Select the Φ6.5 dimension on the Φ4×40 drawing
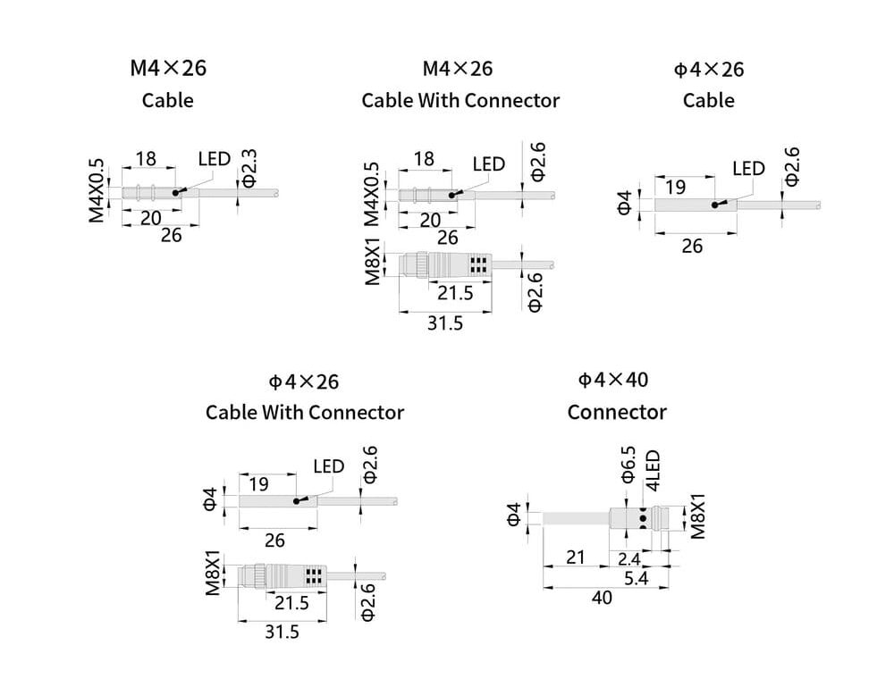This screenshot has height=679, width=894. [628, 464]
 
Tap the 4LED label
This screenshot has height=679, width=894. [653, 470]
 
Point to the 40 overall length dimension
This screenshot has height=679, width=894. [603, 598]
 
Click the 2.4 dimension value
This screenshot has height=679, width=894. [629, 558]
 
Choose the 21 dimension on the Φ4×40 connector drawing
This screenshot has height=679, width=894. [575, 557]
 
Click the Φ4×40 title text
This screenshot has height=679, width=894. [613, 380]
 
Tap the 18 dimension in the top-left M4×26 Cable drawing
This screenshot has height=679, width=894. [145, 159]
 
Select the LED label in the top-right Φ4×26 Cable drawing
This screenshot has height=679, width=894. [748, 168]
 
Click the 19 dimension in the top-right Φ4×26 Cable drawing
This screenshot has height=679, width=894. [676, 187]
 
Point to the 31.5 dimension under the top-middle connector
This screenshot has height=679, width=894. [444, 323]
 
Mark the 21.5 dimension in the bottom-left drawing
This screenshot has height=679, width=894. [291, 602]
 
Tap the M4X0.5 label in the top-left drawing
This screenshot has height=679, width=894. [97, 190]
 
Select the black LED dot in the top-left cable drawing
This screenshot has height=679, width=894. [179, 192]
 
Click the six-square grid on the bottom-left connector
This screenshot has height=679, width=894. [314, 574]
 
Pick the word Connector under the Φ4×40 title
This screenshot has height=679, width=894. [617, 412]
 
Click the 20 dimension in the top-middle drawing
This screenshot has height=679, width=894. [430, 220]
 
